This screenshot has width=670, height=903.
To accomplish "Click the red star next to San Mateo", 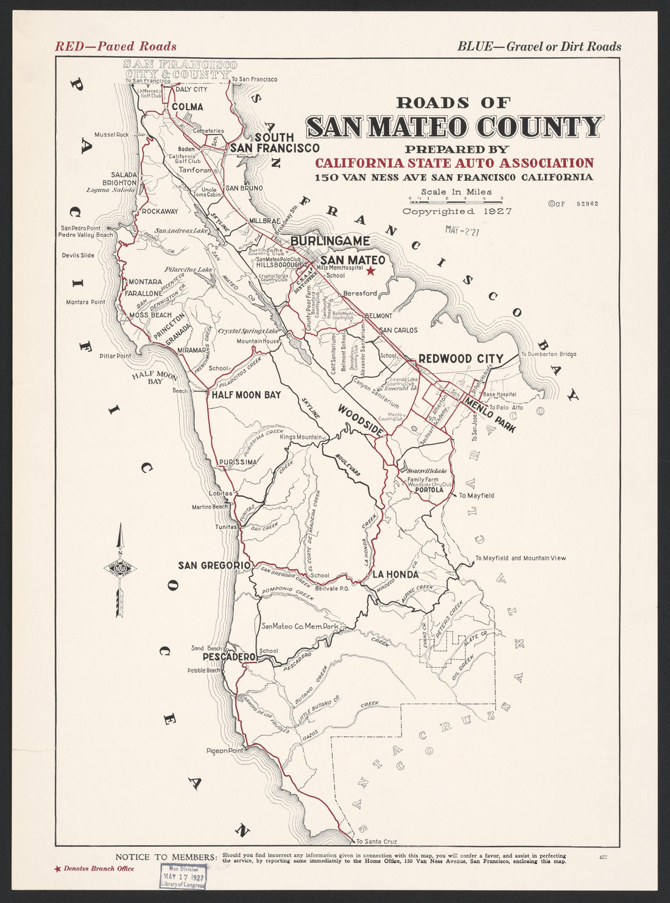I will pyautogui.click(x=370, y=271).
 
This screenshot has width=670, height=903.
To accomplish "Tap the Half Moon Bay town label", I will pyautogui.click(x=246, y=395).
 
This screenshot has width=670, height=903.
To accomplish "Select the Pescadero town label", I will pyautogui.click(x=228, y=658).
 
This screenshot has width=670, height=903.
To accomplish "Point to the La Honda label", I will pyautogui.click(x=395, y=574).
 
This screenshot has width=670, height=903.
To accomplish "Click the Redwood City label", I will pyautogui.click(x=460, y=359).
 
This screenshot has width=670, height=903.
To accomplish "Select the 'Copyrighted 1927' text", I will pyautogui.click(x=457, y=211).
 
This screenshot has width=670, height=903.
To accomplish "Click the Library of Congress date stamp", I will pyautogui.click(x=183, y=876).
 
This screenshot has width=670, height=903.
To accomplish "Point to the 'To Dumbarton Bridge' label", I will pyautogui.click(x=548, y=354).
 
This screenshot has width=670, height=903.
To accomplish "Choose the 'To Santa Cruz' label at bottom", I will pyautogui.click(x=376, y=842).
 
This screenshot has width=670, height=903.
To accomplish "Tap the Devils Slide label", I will pyautogui.click(x=78, y=255).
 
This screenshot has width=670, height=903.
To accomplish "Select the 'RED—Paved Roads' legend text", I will pyautogui.click(x=116, y=46).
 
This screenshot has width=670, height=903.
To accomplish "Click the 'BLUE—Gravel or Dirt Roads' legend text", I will pyautogui.click(x=539, y=46).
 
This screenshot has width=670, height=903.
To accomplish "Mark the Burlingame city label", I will pyautogui.click(x=330, y=241).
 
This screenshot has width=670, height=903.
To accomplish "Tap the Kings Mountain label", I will pyautogui.click(x=301, y=437).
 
